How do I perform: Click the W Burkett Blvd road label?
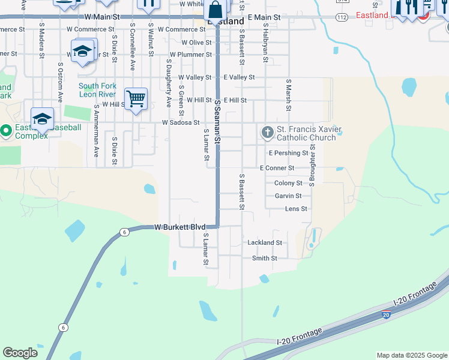(180, 227)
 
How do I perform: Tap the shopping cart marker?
(136, 98)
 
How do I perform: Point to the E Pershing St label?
(288, 153)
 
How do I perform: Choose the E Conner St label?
(277, 168)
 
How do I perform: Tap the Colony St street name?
(288, 183)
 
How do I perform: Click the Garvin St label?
(288, 196)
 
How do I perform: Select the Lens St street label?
(296, 209)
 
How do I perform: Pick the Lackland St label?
(265, 243)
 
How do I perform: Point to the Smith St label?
(265, 258)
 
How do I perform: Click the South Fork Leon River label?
(97, 90)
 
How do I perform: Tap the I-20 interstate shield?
(385, 314)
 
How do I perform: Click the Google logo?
(20, 353)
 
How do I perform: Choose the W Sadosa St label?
(181, 122)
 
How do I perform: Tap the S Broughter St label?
(312, 163)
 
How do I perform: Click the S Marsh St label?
(289, 95)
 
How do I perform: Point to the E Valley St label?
(240, 77)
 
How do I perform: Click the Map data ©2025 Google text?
(412, 355)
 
